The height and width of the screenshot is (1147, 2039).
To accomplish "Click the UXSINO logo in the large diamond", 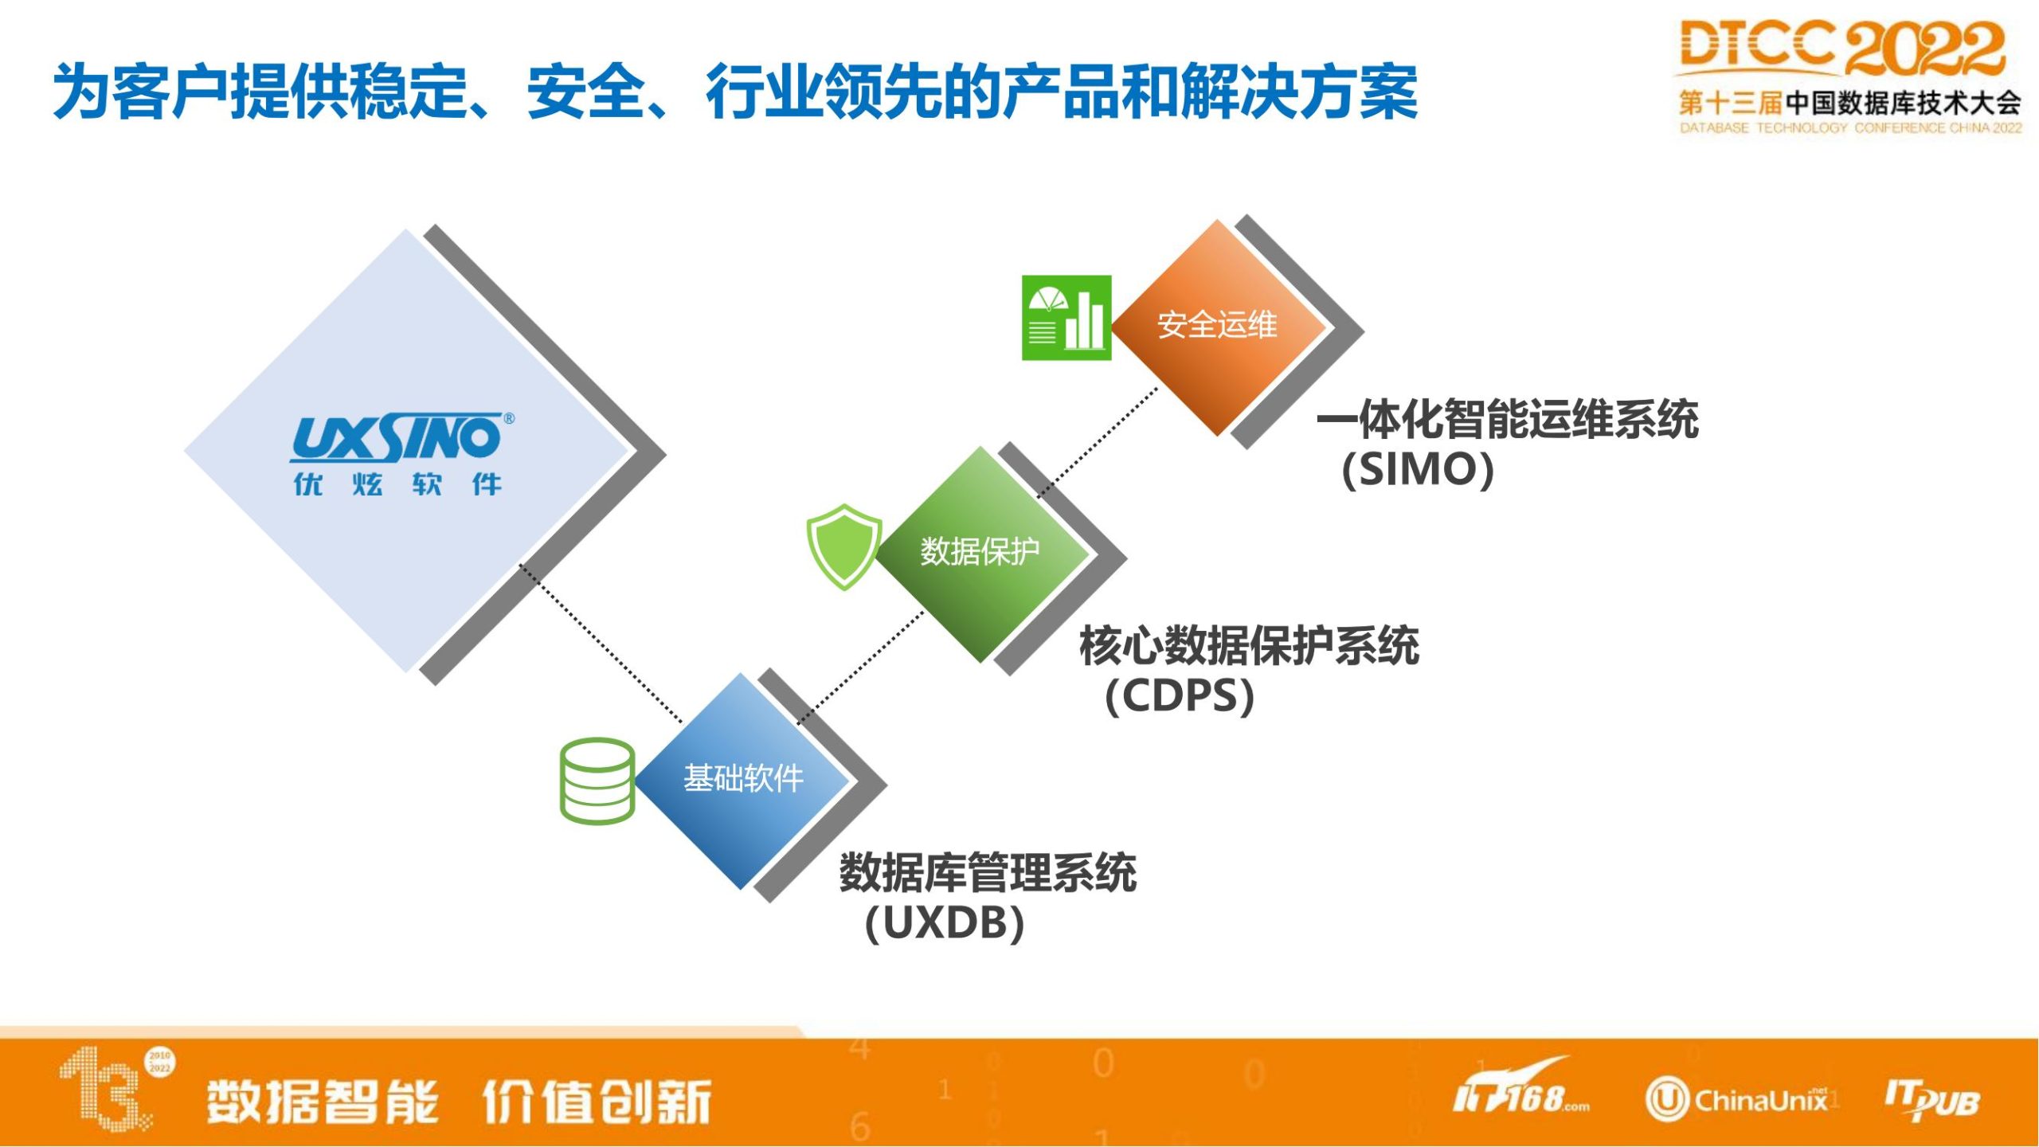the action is pyautogui.click(x=402, y=437).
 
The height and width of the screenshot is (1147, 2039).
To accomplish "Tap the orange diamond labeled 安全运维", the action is pyautogui.click(x=1218, y=327).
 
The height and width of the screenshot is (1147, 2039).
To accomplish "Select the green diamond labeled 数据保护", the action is pyautogui.click(x=981, y=554).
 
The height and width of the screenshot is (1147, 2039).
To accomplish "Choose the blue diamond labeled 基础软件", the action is pyautogui.click(x=742, y=781).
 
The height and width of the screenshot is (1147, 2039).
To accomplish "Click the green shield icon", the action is pyautogui.click(x=843, y=546).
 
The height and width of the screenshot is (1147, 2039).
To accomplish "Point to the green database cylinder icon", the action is pyautogui.click(x=597, y=781).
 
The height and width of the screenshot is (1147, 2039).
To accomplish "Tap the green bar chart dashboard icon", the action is pyautogui.click(x=1066, y=318).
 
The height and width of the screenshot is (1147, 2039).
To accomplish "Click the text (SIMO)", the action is pyautogui.click(x=1418, y=469).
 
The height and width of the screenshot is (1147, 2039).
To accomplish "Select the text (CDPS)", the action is pyautogui.click(x=1180, y=695).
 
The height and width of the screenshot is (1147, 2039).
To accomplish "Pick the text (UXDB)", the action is pyautogui.click(x=945, y=923).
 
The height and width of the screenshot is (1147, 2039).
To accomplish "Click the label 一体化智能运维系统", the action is pyautogui.click(x=1507, y=419).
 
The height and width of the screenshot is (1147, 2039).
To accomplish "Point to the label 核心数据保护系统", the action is pyautogui.click(x=1249, y=645).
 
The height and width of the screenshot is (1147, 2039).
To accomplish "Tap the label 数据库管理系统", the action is pyautogui.click(x=988, y=872).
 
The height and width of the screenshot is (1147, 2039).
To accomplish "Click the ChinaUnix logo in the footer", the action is pyautogui.click(x=1736, y=1100).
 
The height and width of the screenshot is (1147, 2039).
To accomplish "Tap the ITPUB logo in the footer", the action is pyautogui.click(x=1931, y=1101).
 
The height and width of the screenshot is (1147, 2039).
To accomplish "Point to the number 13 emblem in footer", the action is pyautogui.click(x=115, y=1088).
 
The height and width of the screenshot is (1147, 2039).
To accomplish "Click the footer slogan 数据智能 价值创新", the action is pyautogui.click(x=459, y=1102).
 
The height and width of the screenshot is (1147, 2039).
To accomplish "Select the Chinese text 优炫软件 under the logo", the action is pyautogui.click(x=397, y=484).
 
